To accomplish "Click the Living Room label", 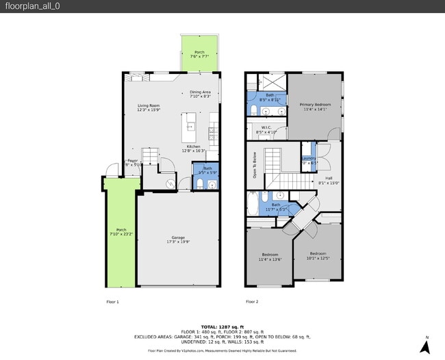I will click(x=149, y=107).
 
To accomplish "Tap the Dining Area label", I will click(x=200, y=94).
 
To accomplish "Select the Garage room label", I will click(x=178, y=240).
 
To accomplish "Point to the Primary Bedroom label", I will click(x=314, y=106).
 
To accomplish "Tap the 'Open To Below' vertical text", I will click(x=254, y=165).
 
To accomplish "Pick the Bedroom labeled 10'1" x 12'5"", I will click(x=317, y=255).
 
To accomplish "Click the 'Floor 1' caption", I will click(x=112, y=301).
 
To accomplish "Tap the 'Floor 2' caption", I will click(x=252, y=301).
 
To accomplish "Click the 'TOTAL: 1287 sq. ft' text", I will click(x=222, y=327).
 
